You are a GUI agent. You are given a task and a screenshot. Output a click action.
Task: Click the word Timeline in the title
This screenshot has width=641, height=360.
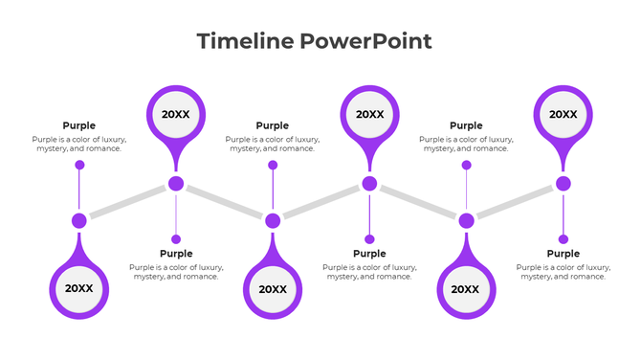pyautogui.click(x=245, y=41)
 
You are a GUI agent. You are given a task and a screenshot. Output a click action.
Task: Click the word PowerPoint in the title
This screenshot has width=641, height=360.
pyautogui.click(x=365, y=41)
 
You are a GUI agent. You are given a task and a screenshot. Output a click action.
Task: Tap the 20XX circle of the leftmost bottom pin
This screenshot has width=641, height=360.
pyautogui.click(x=79, y=288)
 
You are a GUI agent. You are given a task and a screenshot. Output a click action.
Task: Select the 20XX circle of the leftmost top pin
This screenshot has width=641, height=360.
pyautogui.click(x=176, y=114)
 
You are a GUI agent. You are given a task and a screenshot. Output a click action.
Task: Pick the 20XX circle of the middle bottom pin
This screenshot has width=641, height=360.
pyautogui.click(x=273, y=289)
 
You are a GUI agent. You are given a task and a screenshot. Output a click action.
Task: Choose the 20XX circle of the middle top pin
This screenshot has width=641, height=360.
pyautogui.click(x=369, y=114)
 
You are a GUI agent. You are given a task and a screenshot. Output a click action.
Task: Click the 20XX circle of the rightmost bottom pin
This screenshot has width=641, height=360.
pyautogui.click(x=466, y=289)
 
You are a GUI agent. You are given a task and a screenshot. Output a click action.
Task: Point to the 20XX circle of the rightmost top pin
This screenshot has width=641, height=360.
pyautogui.click(x=563, y=114)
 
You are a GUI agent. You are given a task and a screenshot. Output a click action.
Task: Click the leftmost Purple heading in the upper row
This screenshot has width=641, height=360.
pyautogui.click(x=79, y=125)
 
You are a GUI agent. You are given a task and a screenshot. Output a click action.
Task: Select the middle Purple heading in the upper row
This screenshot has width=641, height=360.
pyautogui.click(x=273, y=125)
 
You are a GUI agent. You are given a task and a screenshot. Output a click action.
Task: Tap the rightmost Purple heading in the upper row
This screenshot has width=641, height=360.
pyautogui.click(x=466, y=125)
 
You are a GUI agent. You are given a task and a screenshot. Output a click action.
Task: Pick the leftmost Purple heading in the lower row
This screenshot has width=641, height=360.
pyautogui.click(x=176, y=254)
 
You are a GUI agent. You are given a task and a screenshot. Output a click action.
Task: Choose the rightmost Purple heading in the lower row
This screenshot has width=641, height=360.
pyautogui.click(x=563, y=254)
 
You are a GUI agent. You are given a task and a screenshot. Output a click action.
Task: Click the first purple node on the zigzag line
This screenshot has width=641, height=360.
pyautogui.click(x=79, y=221)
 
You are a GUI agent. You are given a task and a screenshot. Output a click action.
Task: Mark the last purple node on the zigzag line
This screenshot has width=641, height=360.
pyautogui.click(x=563, y=184)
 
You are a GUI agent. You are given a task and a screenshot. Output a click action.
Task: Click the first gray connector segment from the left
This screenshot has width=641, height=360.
pyautogui.click(x=127, y=203)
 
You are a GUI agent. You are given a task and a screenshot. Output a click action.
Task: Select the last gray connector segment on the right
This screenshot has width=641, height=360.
pyautogui.click(x=515, y=202)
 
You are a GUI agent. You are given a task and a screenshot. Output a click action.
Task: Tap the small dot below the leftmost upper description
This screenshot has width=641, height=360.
pyautogui.click(x=79, y=165)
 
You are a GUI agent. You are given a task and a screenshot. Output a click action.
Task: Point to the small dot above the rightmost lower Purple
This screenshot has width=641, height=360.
pyautogui.click(x=563, y=239)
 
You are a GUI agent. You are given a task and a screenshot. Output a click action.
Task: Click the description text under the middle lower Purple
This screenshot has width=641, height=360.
pyautogui.click(x=369, y=272)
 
